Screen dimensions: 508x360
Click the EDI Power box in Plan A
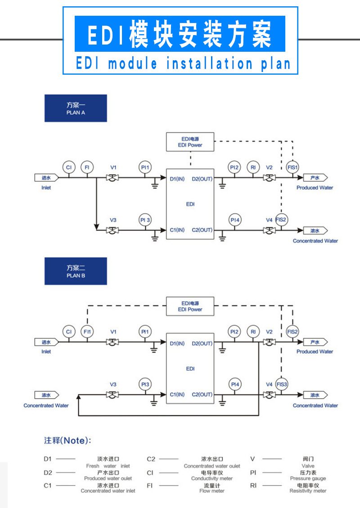coord(190,142)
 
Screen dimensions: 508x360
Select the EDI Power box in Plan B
coord(190,306)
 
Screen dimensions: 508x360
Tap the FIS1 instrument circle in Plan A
coord(292,167)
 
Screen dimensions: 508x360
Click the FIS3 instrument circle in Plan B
coord(282,385)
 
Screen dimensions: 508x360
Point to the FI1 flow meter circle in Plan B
coord(87,332)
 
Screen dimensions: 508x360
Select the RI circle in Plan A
coord(253,167)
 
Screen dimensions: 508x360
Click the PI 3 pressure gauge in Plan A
coord(145,220)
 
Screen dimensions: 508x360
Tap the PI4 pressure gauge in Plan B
coord(234,385)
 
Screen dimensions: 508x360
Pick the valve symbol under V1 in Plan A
coord(112,178)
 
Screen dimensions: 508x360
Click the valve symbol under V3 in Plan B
coord(112,395)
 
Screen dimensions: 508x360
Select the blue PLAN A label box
coord(76,108)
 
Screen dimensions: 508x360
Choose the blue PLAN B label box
coord(76,271)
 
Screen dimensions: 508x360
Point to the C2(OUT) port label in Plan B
coord(202,395)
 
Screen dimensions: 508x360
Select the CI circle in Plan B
coord(68,332)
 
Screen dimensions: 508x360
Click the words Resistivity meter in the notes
coord(308,491)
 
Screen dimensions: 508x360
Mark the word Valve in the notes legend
coord(308,466)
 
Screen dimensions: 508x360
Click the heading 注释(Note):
coord(67,441)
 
